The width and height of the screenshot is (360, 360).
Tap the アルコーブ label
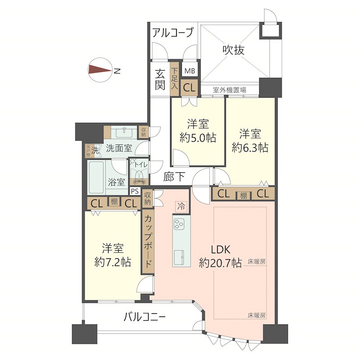click(173, 32)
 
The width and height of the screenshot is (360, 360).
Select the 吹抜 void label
click(234, 50)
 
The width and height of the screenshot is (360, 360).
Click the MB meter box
click(189, 71)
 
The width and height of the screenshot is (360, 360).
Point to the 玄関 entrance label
click(160, 80)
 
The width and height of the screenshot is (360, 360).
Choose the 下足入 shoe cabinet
click(175, 81)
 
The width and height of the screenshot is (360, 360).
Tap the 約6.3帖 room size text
click(250, 147)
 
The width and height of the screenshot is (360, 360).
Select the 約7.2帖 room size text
click(112, 262)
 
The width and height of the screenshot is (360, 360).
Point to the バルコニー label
click(145, 317)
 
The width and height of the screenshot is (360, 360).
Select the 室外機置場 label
click(229, 90)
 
